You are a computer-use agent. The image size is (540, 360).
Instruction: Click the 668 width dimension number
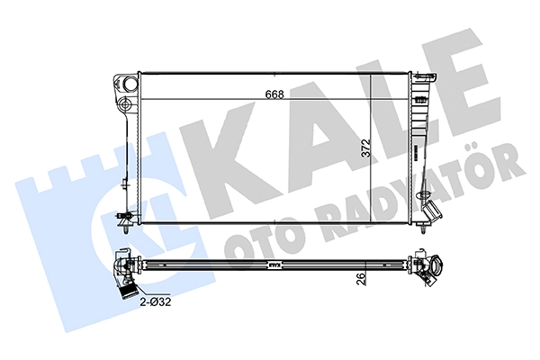(274, 94)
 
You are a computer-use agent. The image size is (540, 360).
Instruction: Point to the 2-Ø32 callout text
(156, 301)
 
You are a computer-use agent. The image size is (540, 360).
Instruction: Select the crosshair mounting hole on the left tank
(124, 103)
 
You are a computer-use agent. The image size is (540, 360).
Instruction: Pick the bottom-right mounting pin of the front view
(422, 228)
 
